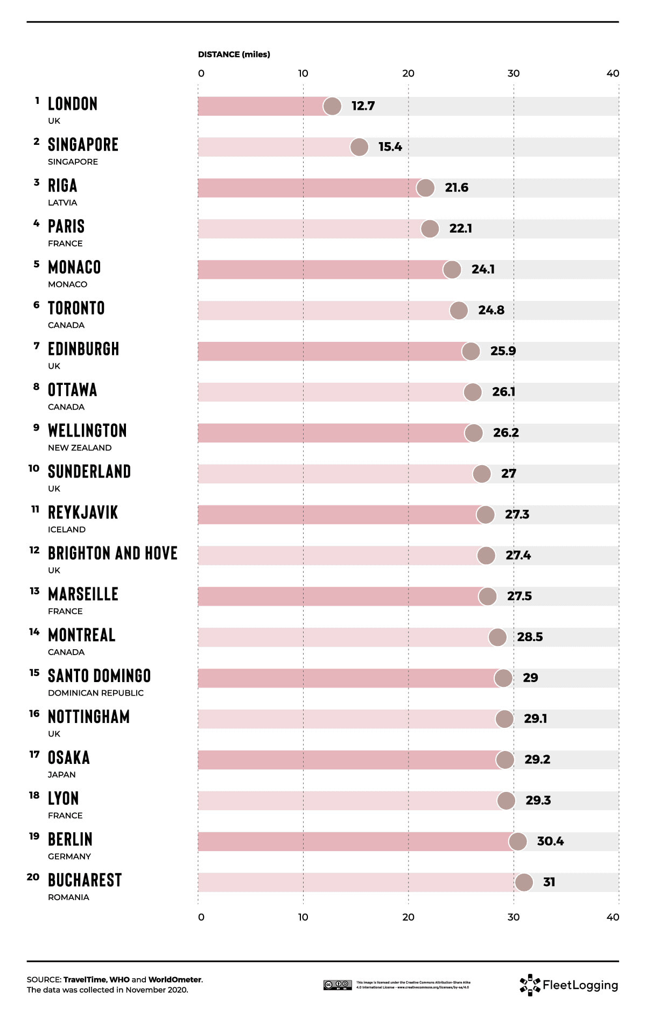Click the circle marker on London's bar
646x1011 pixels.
click(332, 107)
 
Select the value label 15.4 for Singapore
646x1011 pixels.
click(390, 147)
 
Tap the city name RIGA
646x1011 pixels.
click(62, 186)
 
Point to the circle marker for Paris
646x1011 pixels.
click(430, 229)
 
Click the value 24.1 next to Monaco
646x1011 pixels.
click(483, 269)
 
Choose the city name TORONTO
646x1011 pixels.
click(76, 308)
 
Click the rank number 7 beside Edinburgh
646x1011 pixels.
click(37, 346)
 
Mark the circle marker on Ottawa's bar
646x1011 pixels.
click(473, 392)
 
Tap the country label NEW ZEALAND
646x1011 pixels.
click(80, 448)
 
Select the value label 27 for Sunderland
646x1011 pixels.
click(508, 474)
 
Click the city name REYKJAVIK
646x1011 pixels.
click(83, 512)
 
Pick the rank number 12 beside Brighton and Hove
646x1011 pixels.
click(34, 550)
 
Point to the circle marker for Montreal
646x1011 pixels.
click(497, 637)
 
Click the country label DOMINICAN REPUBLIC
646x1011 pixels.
click(96, 693)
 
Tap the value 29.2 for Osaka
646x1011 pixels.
click(537, 760)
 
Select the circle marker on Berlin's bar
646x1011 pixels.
click(518, 841)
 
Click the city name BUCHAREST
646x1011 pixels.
click(85, 880)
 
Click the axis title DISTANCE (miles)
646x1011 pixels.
click(234, 54)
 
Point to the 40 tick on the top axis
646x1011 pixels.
click(613, 73)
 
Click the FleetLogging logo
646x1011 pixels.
click(569, 985)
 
